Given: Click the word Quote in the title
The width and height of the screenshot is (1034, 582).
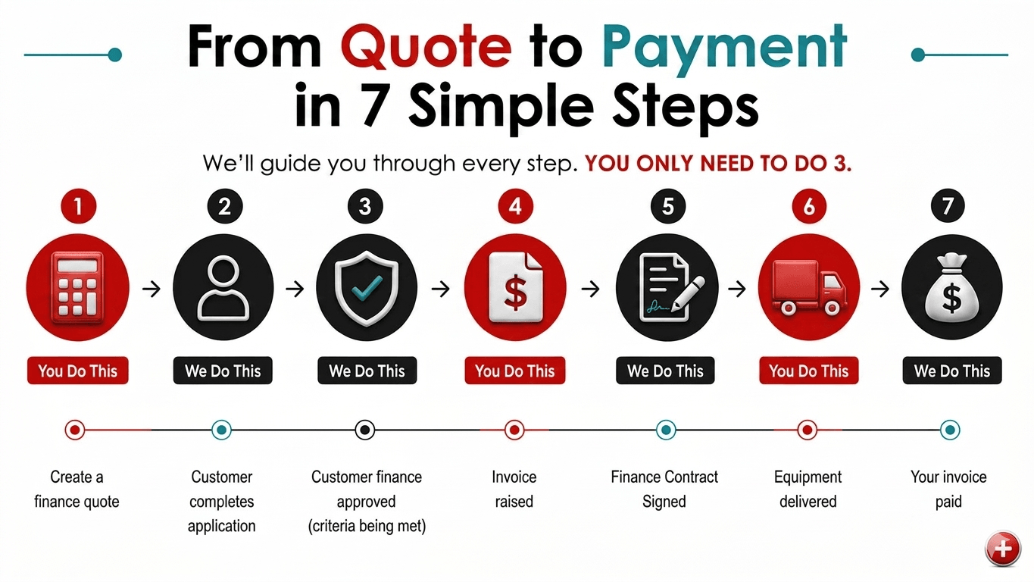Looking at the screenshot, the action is point(426,47).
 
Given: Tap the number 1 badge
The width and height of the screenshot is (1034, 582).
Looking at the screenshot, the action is point(79,206).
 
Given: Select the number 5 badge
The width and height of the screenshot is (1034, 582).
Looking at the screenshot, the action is point(668,206).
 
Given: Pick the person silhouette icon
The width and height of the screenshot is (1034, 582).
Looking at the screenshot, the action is point(223,288).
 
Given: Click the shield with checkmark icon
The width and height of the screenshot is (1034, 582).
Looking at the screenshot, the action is point(367,288).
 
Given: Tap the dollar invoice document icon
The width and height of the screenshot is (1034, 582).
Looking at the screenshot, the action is point(515,288).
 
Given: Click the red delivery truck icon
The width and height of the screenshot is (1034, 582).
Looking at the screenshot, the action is point(809,288).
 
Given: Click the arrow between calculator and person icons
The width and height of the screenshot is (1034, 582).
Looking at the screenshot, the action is point(152,289).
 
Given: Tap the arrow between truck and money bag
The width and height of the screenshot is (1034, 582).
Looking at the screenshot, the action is point(880,289).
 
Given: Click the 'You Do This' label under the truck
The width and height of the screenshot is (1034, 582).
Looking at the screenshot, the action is point(809,371).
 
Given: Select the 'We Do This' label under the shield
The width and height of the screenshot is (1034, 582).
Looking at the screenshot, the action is point(367,371).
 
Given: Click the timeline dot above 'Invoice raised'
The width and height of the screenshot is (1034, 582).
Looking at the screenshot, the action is point(514,430).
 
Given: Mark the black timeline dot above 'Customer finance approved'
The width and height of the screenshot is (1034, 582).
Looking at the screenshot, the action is point(364,430).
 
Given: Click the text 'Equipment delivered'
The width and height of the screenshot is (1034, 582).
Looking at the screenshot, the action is point(808,489).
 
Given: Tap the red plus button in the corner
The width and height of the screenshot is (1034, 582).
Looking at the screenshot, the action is point(1003,549).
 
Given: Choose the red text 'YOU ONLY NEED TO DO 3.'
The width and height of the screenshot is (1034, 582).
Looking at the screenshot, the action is point(718,164).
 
